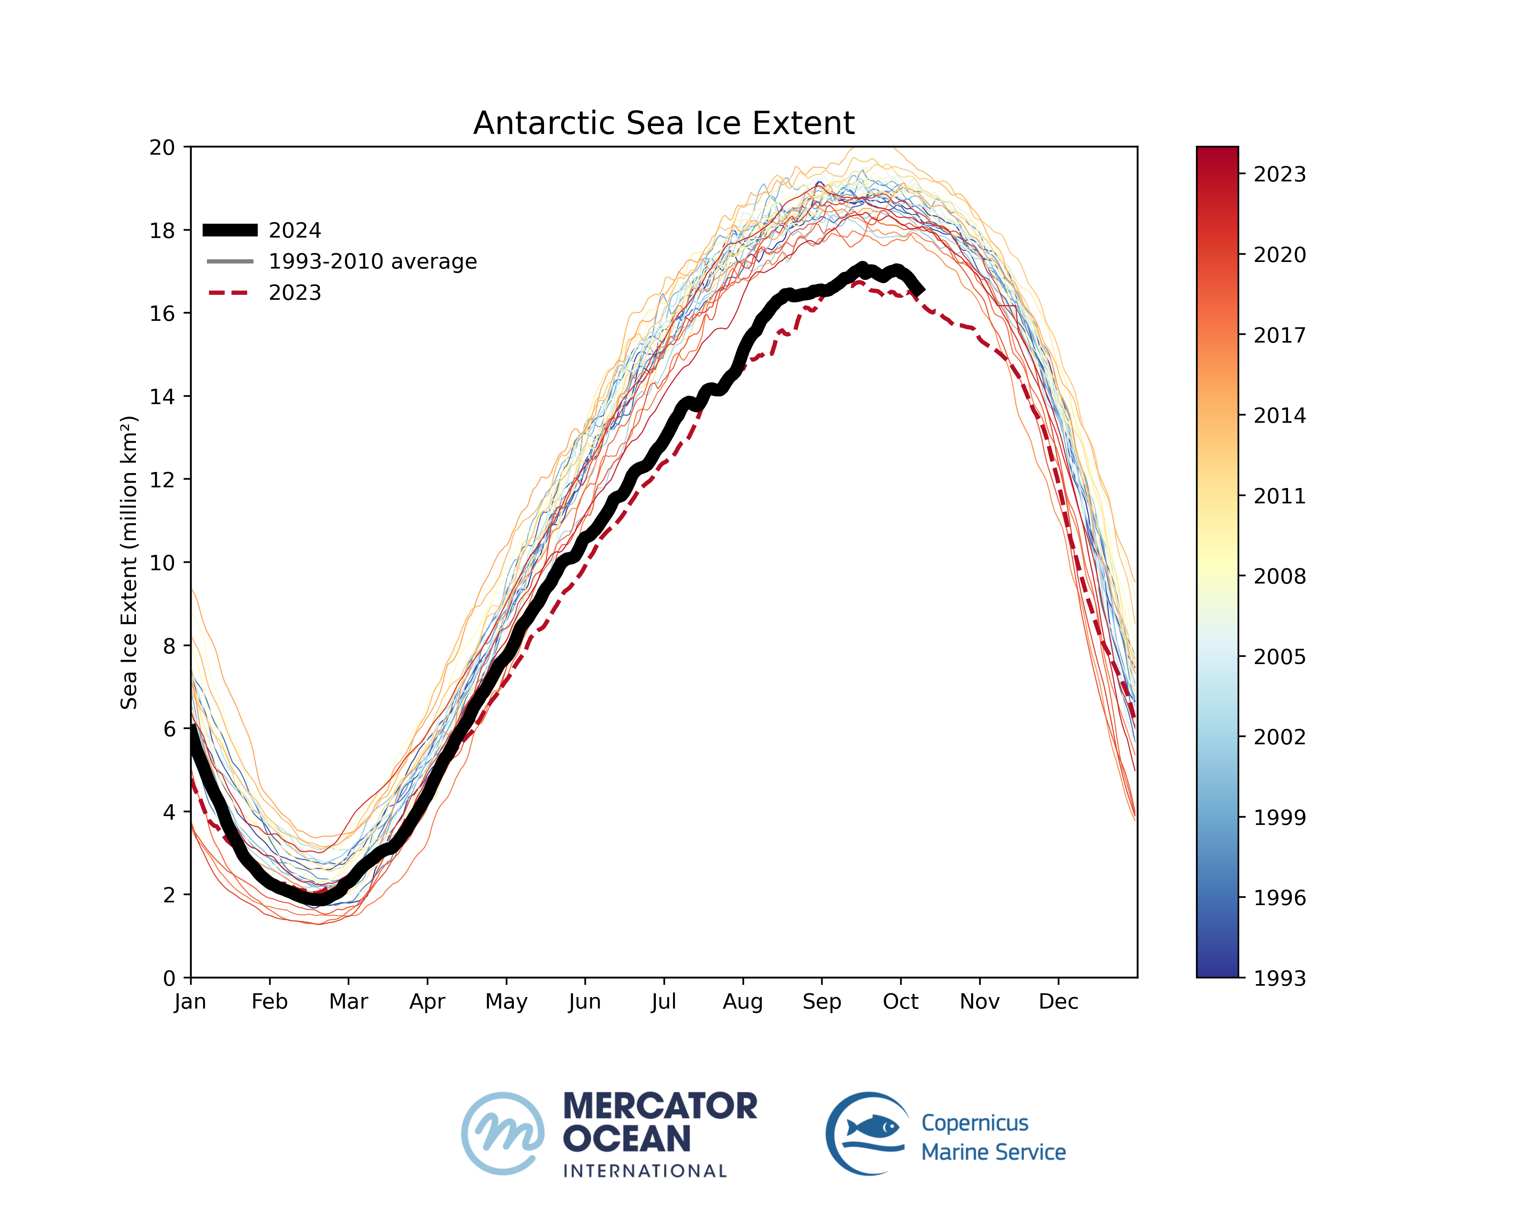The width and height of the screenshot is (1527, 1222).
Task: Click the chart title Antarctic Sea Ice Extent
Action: (663, 123)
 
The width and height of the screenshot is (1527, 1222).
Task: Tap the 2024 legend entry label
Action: (295, 230)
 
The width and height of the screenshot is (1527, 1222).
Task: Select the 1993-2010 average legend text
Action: (373, 262)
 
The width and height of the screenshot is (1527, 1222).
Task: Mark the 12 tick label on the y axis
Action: (162, 480)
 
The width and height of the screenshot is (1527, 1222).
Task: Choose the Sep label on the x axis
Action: (822, 1002)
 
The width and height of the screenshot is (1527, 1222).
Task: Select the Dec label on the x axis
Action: (1058, 1002)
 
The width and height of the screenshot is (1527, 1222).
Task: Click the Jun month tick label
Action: (584, 1002)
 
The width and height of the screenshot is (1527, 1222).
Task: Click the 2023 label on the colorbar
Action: (1279, 174)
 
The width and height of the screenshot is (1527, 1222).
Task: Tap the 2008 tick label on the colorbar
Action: (1279, 576)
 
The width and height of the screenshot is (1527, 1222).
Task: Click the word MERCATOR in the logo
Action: (660, 1106)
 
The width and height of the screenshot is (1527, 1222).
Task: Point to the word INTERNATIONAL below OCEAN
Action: (644, 1171)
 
